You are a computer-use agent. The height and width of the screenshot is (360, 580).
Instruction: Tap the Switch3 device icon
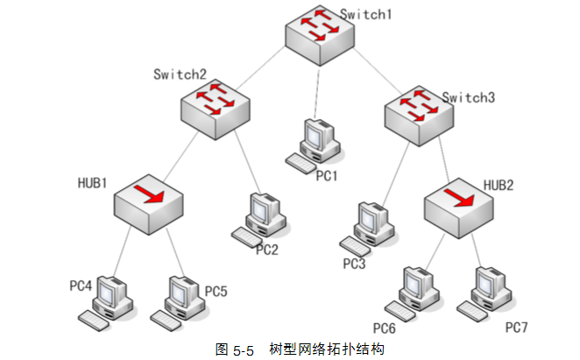coord(420,115)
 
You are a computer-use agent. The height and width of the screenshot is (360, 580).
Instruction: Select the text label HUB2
coord(499,185)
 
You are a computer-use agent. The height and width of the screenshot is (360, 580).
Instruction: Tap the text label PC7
coord(517,328)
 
